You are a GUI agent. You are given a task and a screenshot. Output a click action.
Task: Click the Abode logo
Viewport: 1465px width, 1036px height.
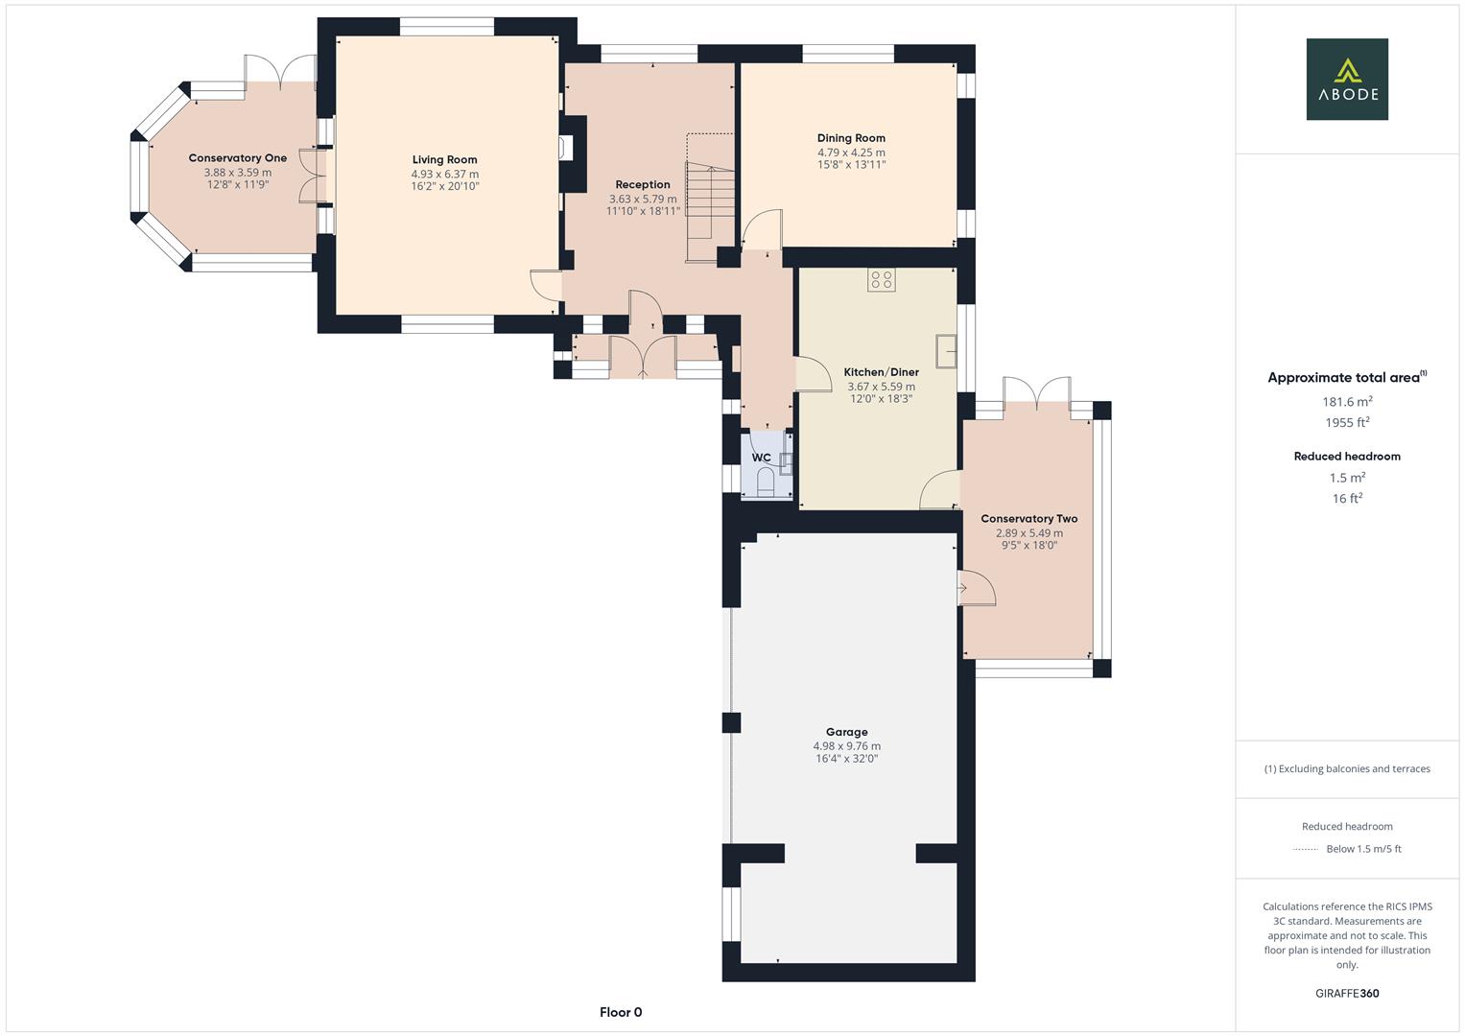tap(1347, 79)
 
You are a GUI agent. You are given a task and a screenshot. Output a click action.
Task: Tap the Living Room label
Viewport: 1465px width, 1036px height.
tap(444, 160)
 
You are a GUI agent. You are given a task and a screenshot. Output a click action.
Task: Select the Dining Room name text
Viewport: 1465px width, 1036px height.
tap(851, 138)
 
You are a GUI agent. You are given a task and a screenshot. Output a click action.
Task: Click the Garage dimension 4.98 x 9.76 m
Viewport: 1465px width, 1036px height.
tap(846, 745)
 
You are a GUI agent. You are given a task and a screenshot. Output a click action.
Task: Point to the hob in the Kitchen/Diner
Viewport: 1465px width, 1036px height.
tap(881, 280)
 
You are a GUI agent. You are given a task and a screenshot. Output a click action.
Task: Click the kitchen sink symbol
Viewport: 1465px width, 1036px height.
tap(947, 351)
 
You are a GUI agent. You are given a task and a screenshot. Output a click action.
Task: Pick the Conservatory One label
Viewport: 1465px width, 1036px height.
tap(237, 158)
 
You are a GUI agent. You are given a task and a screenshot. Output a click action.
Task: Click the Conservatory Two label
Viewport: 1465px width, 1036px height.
tap(1028, 519)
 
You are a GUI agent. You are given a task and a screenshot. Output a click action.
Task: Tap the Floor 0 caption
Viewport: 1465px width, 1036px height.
tap(621, 1012)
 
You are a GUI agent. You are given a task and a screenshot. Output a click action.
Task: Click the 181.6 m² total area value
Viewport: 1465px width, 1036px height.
tap(1347, 402)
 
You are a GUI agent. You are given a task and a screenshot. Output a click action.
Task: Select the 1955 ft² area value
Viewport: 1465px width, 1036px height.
tap(1347, 423)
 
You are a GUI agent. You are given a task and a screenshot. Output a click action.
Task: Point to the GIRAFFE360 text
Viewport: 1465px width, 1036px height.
tap(1347, 994)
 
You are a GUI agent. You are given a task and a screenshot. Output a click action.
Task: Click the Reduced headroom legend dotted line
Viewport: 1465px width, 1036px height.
tap(1306, 849)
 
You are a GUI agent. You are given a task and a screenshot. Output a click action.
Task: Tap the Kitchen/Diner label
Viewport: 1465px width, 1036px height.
tap(881, 372)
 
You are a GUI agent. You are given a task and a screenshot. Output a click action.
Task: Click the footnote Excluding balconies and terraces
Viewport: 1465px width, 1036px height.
tap(1347, 768)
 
